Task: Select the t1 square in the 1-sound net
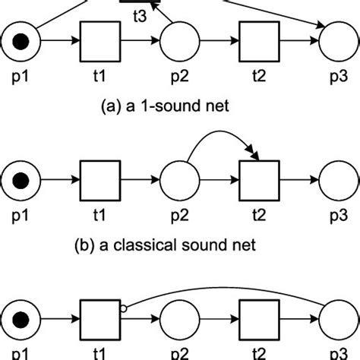pyautogui.click(x=100, y=41)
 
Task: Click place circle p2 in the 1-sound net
pyautogui.click(x=179, y=41)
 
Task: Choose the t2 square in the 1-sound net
pyautogui.click(x=258, y=41)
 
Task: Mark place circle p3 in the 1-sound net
pyautogui.click(x=337, y=41)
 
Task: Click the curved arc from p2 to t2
pyautogui.click(x=220, y=139)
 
